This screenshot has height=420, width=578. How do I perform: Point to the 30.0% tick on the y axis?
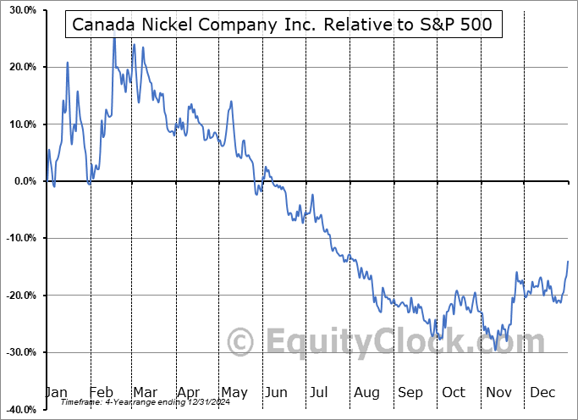(x=21, y=10)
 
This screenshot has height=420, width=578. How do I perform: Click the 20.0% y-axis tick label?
(x=21, y=67)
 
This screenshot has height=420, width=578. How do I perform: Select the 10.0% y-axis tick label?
(x=21, y=124)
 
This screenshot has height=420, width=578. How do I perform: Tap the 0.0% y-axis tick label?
(x=24, y=181)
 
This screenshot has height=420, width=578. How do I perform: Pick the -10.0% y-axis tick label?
(x=19, y=238)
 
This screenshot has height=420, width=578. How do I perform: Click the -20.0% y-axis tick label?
(x=19, y=296)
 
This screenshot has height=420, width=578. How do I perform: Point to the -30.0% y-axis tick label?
(x=19, y=352)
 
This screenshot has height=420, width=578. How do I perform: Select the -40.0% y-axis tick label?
(x=19, y=410)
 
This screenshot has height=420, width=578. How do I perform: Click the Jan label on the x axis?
(x=55, y=393)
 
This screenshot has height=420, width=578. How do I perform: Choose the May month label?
(x=234, y=393)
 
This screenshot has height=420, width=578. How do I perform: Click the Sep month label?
(x=410, y=393)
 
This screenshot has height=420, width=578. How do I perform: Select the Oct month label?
(x=454, y=393)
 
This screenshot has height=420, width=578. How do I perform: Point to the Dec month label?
(x=542, y=393)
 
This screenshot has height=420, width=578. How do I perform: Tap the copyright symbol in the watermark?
(x=242, y=342)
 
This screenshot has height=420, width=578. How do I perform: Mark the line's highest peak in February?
(x=114, y=39)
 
